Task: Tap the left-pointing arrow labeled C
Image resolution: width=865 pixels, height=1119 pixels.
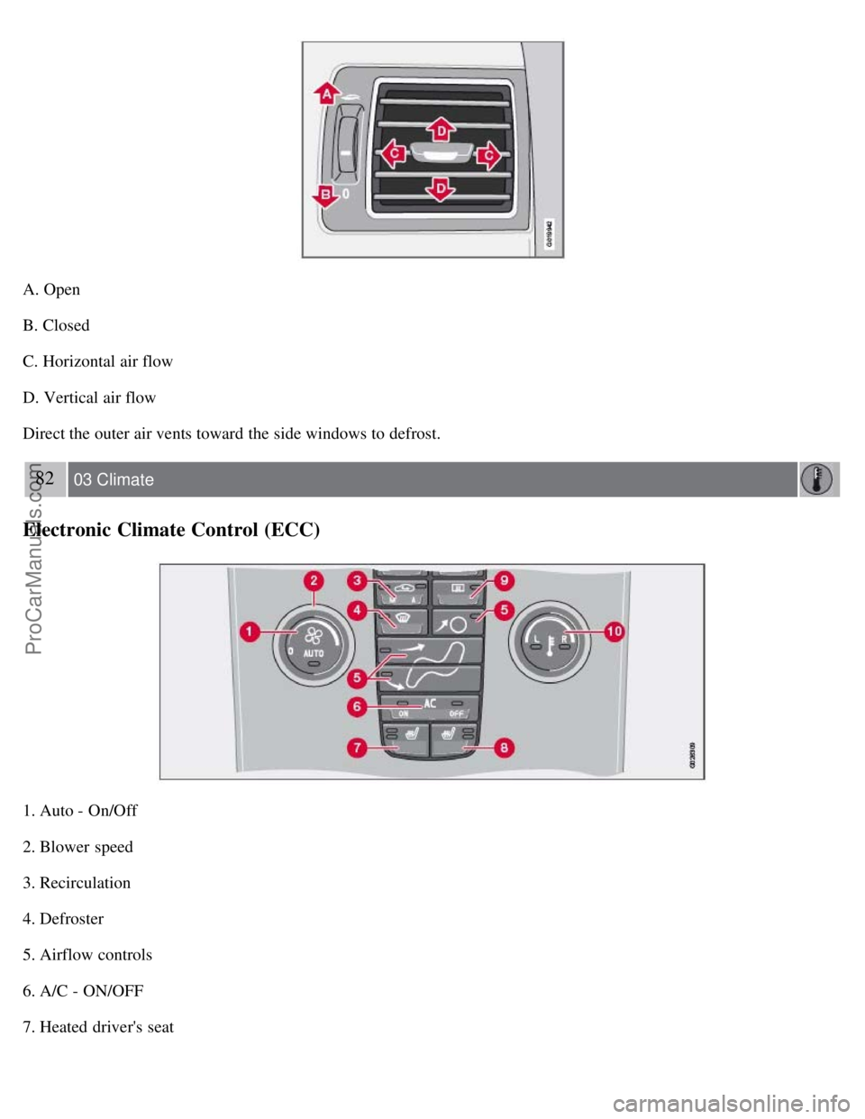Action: [392, 154]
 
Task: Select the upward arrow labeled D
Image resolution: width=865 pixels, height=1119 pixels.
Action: [441, 130]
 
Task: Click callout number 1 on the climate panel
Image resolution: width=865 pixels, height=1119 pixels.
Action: [248, 632]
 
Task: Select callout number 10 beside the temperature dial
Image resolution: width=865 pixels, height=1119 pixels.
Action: [614, 632]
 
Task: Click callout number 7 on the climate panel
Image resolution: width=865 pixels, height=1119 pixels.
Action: [358, 747]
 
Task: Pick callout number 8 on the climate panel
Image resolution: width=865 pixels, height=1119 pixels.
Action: [504, 747]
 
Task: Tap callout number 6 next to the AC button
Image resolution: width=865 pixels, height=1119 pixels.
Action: [358, 706]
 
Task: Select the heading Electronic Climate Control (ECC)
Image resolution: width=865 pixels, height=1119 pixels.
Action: [171, 530]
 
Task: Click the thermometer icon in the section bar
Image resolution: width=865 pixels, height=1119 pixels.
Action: [817, 479]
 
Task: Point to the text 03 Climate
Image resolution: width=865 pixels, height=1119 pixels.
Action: [114, 480]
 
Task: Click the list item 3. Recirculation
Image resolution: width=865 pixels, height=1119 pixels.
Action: [77, 883]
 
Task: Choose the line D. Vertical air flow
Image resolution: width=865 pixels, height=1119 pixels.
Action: [89, 397]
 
